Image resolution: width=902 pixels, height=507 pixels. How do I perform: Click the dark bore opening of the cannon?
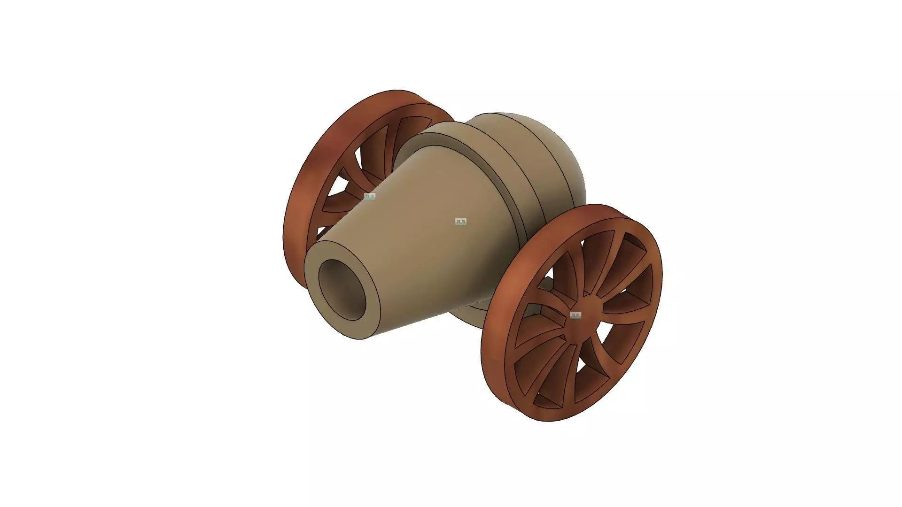342,289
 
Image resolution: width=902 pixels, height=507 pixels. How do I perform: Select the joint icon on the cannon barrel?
461,222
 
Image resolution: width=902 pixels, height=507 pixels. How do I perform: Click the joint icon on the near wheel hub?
575,315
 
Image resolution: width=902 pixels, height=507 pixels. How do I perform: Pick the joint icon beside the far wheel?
370,196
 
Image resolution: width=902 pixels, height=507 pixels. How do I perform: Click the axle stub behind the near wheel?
545,284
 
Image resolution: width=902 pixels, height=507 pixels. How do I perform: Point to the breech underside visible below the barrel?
465,315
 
